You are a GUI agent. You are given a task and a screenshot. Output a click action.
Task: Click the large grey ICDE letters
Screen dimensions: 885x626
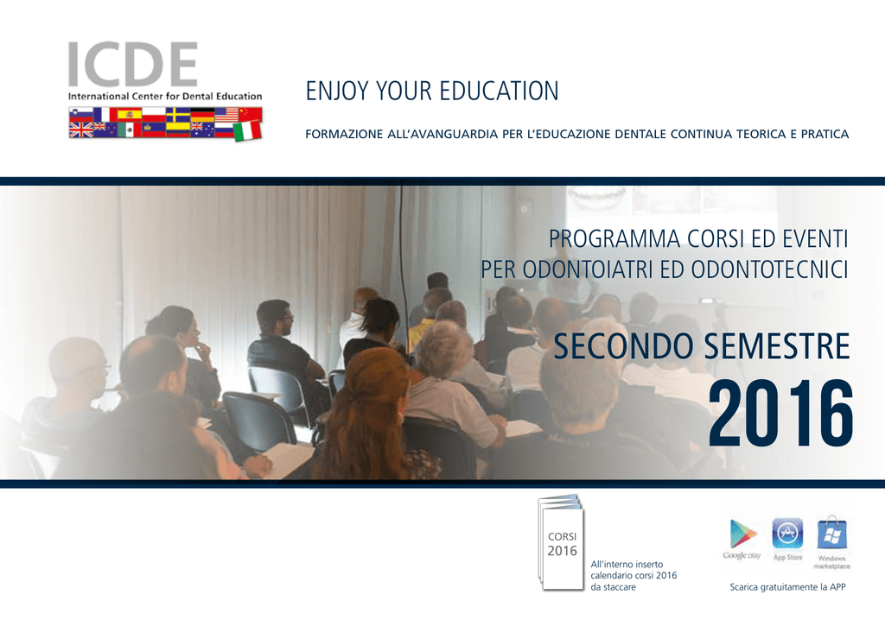[132, 64]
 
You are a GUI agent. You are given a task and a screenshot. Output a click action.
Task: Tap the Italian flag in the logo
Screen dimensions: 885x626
[247, 131]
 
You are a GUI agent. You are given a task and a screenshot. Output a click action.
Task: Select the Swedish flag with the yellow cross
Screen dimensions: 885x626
[178, 115]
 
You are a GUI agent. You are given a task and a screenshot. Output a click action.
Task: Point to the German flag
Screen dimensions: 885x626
[202, 115]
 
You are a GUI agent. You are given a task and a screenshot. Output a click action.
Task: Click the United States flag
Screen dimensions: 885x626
[226, 115]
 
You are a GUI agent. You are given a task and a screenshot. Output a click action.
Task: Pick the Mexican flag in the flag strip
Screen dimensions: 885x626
[130, 130]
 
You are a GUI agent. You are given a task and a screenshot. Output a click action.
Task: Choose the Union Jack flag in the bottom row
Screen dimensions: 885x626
[80, 130]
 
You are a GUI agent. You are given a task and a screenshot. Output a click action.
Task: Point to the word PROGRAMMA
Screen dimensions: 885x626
[614, 239]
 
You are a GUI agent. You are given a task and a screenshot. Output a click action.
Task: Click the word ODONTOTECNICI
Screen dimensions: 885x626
[769, 269]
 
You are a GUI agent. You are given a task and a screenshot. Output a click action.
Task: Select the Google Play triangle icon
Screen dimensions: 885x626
[742, 533]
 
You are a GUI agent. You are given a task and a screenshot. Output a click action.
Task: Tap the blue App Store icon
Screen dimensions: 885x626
[787, 533]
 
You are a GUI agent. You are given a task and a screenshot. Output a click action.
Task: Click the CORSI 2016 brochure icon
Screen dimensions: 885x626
[561, 542]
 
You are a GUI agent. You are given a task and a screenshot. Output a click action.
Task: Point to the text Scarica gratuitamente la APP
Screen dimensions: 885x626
[787, 587]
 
